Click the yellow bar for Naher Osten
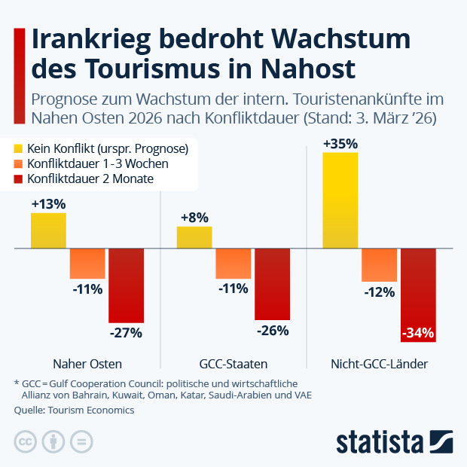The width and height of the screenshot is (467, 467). [x=48, y=230]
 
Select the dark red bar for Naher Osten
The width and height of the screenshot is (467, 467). [x=126, y=285]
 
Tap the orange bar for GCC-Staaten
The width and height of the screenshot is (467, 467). [x=233, y=264]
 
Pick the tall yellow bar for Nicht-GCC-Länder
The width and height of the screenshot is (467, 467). [x=340, y=200]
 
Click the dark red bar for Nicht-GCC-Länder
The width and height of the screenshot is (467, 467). [x=418, y=295]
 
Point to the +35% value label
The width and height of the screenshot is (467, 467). [x=340, y=143]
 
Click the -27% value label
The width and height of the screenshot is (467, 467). [x=126, y=332]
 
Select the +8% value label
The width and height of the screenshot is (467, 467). [x=194, y=218]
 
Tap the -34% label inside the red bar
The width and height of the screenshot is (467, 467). [x=418, y=332]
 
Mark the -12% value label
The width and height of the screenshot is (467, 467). [x=379, y=292]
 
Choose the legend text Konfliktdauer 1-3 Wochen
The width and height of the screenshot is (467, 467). [x=97, y=163]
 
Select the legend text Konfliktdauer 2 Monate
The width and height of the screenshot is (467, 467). [x=90, y=179]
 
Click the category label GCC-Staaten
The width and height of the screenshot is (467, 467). [x=233, y=364]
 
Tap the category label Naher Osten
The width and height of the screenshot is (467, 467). [x=87, y=364]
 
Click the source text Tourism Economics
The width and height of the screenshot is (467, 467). [x=90, y=411]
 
